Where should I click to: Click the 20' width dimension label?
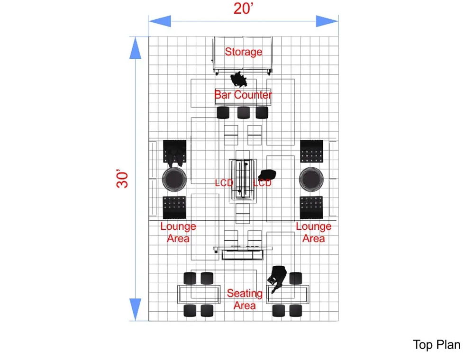click(243, 9)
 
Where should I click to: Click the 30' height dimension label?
click(122, 179)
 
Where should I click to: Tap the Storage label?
click(243, 52)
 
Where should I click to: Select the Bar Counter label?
click(243, 95)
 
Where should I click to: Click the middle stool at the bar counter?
click(243, 113)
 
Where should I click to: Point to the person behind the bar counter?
click(238, 80)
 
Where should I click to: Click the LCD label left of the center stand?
click(224, 183)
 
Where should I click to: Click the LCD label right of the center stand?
click(262, 183)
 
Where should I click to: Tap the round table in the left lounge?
click(174, 179)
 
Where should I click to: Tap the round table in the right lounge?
click(311, 179)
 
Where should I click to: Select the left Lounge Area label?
click(178, 232)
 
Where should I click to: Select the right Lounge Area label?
click(313, 232)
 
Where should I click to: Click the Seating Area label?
click(245, 299)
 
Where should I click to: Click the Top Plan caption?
click(437, 344)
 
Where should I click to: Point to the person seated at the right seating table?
click(277, 278)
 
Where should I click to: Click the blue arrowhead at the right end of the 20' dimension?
click(327, 21)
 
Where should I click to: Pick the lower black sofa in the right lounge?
click(311, 207)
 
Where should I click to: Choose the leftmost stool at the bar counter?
click(223, 113)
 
